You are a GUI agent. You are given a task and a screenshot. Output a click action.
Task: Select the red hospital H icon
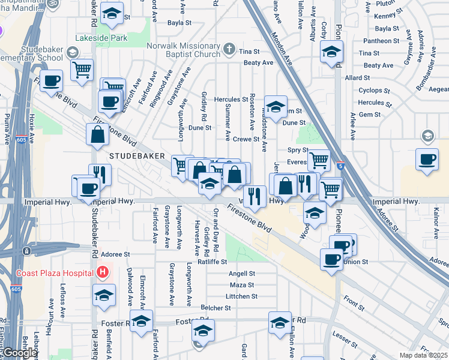(103, 272)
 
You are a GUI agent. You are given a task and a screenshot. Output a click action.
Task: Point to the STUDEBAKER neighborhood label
(137, 155)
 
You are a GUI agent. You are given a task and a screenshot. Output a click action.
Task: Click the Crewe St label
(246, 139)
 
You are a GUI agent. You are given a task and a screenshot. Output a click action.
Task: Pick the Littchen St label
(241, 296)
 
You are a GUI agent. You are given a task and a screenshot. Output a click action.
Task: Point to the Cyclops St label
(374, 90)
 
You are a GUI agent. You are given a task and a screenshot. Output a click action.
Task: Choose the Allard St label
(357, 78)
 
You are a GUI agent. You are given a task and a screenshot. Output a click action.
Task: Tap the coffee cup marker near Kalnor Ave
(427, 160)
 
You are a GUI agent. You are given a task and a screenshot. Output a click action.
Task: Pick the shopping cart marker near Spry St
(319, 160)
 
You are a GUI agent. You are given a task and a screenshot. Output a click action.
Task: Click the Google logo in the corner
(20, 353)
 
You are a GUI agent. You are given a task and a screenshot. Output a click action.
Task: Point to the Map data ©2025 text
(424, 355)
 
